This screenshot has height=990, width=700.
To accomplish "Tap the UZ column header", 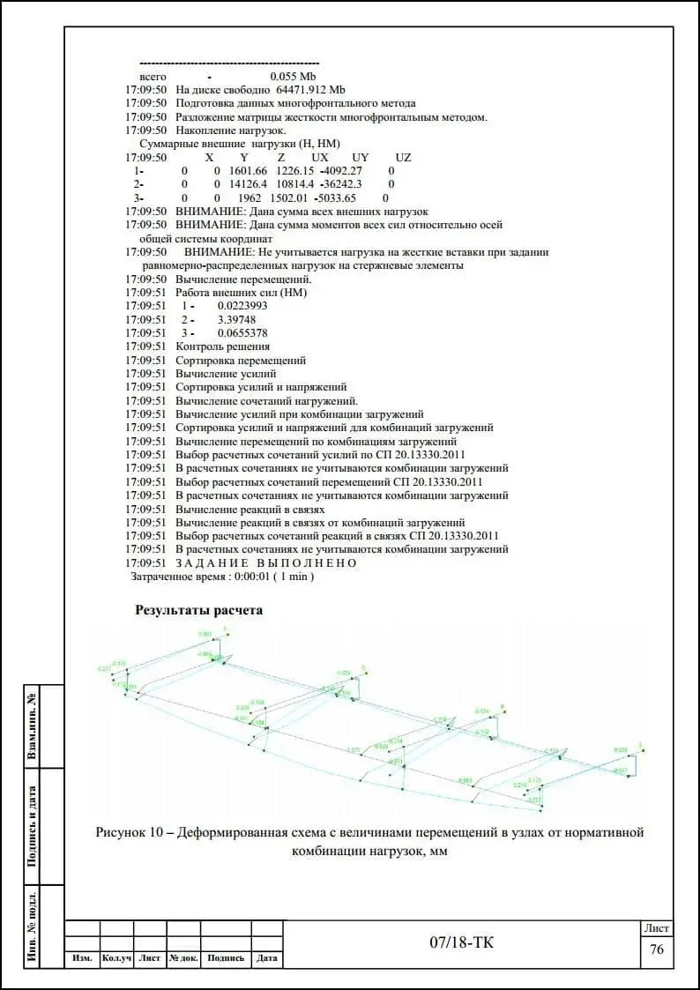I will [x=403, y=158].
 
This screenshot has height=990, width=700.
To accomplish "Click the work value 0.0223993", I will [x=242, y=306].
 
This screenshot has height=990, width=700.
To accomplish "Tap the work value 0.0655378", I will [x=242, y=333].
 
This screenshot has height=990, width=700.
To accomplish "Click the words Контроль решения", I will [x=223, y=346].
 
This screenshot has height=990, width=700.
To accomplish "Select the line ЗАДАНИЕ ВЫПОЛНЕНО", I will [x=266, y=563].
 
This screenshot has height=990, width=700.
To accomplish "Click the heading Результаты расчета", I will [x=198, y=609].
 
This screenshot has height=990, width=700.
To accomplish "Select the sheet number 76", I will [x=657, y=949].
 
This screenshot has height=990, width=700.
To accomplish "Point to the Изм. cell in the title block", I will [x=83, y=958].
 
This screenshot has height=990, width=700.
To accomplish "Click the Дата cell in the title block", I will [x=267, y=958].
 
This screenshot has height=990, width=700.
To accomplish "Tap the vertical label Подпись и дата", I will [x=32, y=825].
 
